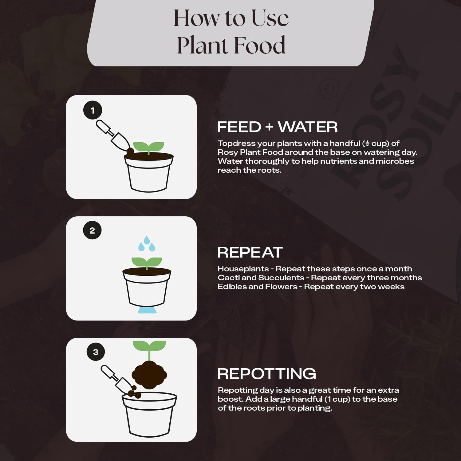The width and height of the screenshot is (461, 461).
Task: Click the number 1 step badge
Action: click(93, 110)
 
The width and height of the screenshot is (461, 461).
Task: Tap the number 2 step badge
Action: click(92, 230)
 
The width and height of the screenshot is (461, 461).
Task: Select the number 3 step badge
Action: click(96, 352)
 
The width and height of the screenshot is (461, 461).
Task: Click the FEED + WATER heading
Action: click(277, 127)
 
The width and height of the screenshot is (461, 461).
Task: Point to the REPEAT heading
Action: click(250, 252)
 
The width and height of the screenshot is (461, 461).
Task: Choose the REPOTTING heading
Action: click(267, 374)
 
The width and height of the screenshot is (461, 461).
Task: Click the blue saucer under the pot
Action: click(147, 310)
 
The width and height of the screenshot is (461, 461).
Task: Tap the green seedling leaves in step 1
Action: click(148, 147)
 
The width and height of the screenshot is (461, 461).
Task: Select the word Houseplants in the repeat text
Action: click(243, 269)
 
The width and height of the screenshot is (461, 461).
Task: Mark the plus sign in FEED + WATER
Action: click(269, 127)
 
